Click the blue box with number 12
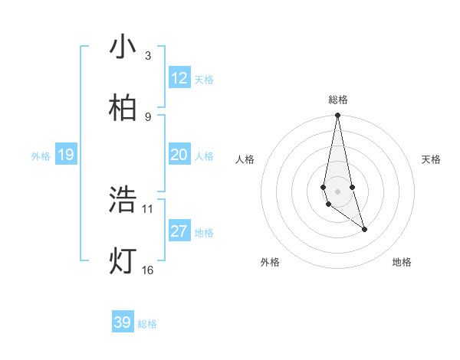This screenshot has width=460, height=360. (x=179, y=78)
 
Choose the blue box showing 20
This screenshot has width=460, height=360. (x=179, y=155)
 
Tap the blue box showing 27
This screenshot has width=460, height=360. (x=179, y=231)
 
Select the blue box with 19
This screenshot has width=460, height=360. (x=65, y=155)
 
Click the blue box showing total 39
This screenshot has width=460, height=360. (x=123, y=322)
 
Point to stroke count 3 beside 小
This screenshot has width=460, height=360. (x=147, y=56)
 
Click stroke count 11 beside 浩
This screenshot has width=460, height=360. (x=147, y=208)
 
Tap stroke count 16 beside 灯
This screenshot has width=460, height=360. (x=147, y=270)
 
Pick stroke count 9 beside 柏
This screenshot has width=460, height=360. (x=147, y=116)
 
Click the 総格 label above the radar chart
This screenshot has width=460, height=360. (x=338, y=100)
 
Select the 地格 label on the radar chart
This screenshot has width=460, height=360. (x=402, y=262)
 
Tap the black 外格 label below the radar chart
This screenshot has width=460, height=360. (x=270, y=262)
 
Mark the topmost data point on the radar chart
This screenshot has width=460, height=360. (x=337, y=116)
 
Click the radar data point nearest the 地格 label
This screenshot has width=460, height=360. (x=364, y=229)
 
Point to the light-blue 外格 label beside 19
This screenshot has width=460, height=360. (x=41, y=156)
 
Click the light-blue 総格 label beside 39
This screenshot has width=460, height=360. (x=147, y=324)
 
